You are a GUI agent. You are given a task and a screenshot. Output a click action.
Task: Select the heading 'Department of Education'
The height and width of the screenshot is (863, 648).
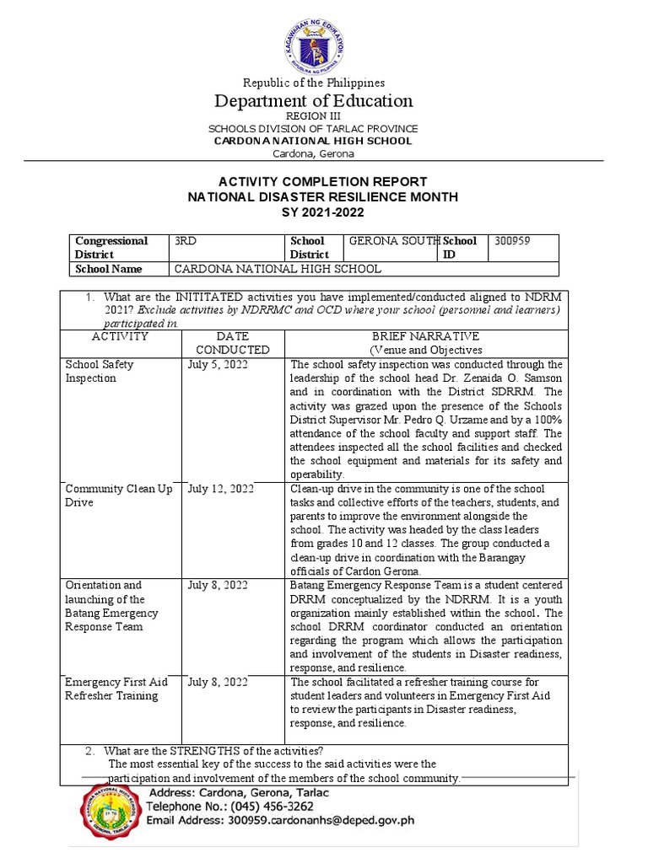point(313,101)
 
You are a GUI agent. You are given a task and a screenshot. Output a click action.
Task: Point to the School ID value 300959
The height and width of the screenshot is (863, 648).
point(512,241)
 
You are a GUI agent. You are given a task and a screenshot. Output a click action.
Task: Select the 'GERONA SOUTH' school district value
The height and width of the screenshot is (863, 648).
point(394,241)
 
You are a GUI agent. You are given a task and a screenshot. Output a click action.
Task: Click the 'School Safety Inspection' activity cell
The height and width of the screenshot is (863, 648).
point(100,372)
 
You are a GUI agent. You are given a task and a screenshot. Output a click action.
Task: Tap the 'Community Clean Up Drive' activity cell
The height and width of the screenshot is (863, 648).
point(109,496)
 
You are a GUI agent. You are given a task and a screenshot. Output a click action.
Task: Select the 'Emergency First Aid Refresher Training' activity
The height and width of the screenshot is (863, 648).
point(116,689)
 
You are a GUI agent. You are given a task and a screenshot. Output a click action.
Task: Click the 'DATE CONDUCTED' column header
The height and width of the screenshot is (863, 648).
point(232,342)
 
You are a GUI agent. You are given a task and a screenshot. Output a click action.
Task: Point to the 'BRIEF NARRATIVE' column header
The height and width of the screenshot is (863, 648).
point(424,336)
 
